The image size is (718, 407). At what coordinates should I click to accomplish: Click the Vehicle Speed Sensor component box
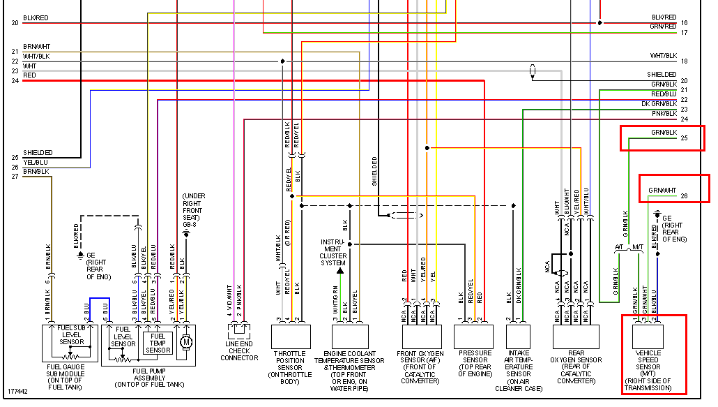point(648,336)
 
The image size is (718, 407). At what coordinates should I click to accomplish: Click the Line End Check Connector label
point(239,350)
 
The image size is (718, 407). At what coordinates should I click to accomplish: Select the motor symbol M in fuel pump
point(185,341)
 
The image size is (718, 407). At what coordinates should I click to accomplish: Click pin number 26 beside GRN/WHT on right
point(684,196)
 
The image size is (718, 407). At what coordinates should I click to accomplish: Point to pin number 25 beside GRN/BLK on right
point(684,138)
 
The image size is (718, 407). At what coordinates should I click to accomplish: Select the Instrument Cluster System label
point(333,252)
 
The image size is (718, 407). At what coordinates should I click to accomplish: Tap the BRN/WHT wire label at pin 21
point(36,47)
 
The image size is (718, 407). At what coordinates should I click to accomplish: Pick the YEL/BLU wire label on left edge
point(35,162)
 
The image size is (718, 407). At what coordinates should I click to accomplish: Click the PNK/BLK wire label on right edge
point(664,113)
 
